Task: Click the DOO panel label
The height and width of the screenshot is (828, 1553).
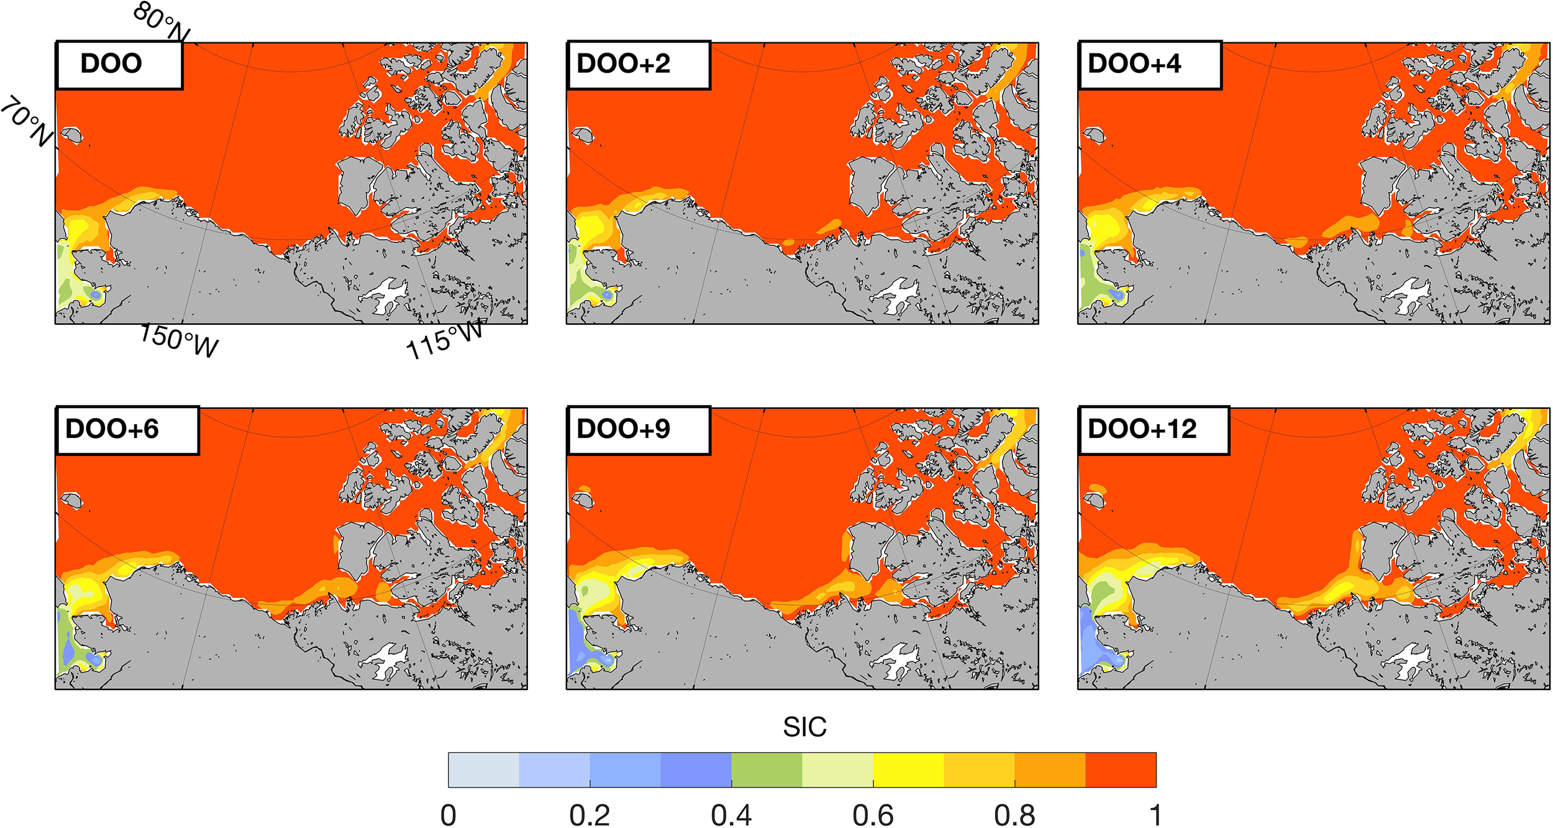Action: (x=112, y=64)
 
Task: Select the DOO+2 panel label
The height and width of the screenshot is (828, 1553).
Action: (x=624, y=64)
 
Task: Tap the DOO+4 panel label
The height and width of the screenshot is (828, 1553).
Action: (x=1134, y=64)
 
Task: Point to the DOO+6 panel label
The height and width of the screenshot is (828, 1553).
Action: (x=112, y=429)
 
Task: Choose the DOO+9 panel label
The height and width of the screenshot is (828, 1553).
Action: (x=624, y=429)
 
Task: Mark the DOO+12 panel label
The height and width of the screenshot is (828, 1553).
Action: (x=1142, y=429)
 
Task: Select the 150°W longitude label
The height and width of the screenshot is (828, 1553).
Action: (x=179, y=341)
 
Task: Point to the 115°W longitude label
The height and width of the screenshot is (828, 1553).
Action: (x=444, y=339)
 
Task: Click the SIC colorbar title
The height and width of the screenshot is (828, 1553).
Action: (x=804, y=727)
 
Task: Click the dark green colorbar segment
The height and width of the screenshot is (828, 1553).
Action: (x=767, y=770)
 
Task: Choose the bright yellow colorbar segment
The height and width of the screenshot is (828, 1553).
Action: (x=908, y=770)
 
